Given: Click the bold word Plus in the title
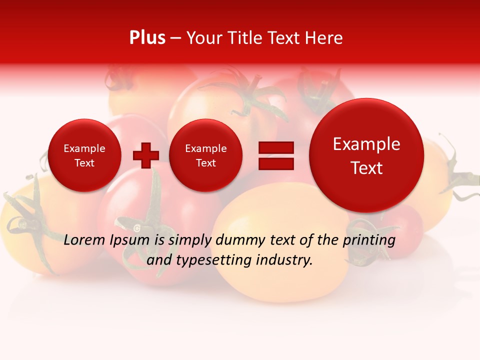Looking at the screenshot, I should (x=147, y=38).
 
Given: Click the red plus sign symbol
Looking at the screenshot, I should (x=146, y=155).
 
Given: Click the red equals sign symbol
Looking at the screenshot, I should (x=276, y=155).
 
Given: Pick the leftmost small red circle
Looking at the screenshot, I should (x=84, y=155).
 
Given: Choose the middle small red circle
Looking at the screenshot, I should (x=206, y=155).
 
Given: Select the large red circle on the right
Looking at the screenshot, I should (x=366, y=155).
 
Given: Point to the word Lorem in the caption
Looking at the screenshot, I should (x=85, y=240).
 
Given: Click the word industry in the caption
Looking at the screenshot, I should (x=287, y=260).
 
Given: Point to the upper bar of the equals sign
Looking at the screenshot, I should (x=276, y=147).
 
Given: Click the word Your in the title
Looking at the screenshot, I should (x=204, y=38).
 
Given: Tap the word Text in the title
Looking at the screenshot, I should (x=283, y=38).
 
